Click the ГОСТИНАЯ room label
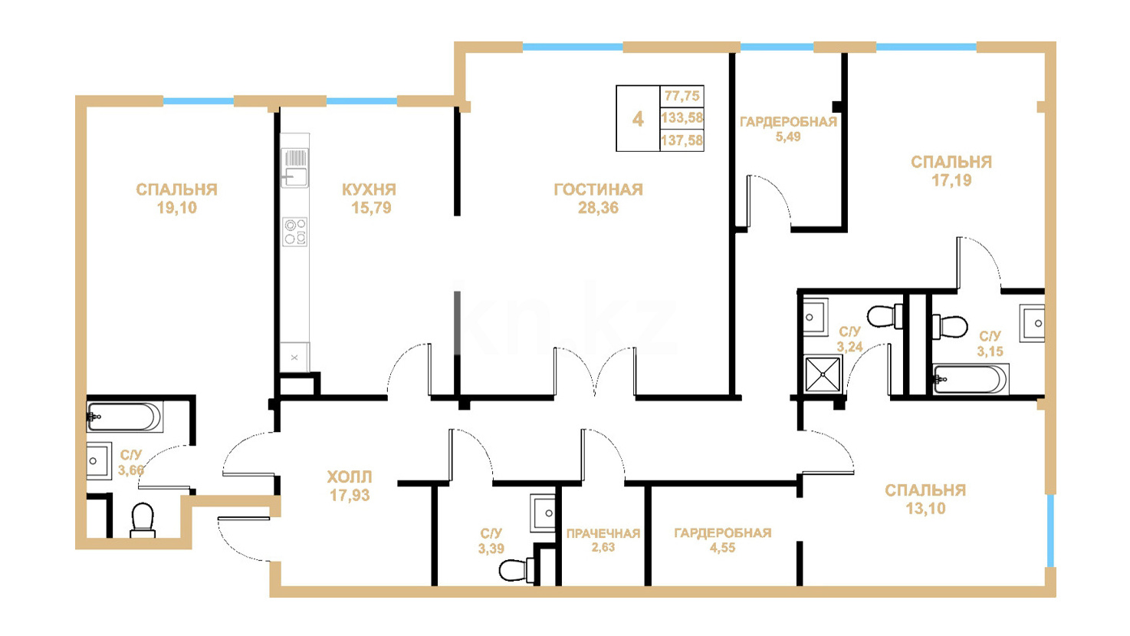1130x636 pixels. coord(598,189)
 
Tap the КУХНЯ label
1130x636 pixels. coord(370,189)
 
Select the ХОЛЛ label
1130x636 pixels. coord(350,477)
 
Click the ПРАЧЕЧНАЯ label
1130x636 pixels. coord(603,533)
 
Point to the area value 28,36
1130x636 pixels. coord(598,208)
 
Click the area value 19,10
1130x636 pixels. coord(176,208)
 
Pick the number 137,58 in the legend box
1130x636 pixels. coord(682,140)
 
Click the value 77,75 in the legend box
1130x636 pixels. coord(682,96)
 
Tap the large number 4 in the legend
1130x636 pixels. coord(638,119)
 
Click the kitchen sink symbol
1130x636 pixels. coord(294,167)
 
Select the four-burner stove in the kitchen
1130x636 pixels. coord(295,232)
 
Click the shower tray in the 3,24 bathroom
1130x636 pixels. coord(823,374)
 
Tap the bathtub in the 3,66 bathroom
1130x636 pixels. coord(125,417)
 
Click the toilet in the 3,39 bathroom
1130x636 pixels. coord(517,570)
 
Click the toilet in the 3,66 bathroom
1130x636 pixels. coord(143,520)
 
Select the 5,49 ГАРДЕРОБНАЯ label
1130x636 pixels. coord(788,129)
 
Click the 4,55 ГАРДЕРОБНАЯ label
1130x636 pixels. coord(723,541)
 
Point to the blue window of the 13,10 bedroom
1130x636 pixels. coord(1050,530)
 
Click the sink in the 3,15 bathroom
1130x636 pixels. coord(1032,324)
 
